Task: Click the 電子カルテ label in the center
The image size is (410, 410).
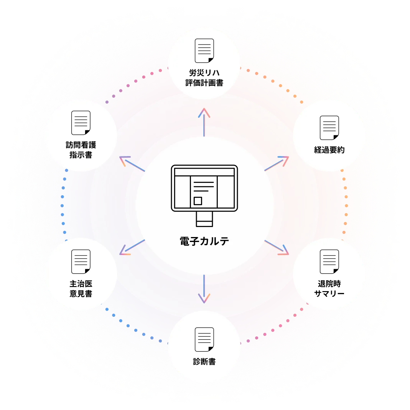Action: click(204, 241)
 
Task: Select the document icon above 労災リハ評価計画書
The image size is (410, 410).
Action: click(204, 51)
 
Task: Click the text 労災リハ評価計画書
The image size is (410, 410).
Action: click(204, 77)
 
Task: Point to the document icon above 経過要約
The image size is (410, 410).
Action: click(329, 128)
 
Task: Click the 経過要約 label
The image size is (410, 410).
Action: click(329, 150)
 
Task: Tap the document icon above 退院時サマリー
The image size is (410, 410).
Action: click(329, 262)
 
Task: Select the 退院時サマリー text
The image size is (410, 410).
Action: click(329, 289)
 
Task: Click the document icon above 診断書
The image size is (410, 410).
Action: click(204, 339)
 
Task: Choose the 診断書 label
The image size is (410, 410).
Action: click(204, 362)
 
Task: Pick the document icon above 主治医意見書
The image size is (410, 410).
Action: click(81, 262)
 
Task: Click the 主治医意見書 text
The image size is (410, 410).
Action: click(81, 289)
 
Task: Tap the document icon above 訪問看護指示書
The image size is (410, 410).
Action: click(81, 123)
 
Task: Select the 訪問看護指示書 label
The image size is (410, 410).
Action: click(81, 150)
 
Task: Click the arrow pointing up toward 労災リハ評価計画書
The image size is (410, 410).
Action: click(204, 122)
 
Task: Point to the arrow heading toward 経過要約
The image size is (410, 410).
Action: click(276, 163)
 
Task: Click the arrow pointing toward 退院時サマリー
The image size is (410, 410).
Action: click(276, 247)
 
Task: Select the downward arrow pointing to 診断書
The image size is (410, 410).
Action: click(204, 289)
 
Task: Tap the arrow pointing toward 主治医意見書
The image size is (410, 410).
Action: click(132, 247)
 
